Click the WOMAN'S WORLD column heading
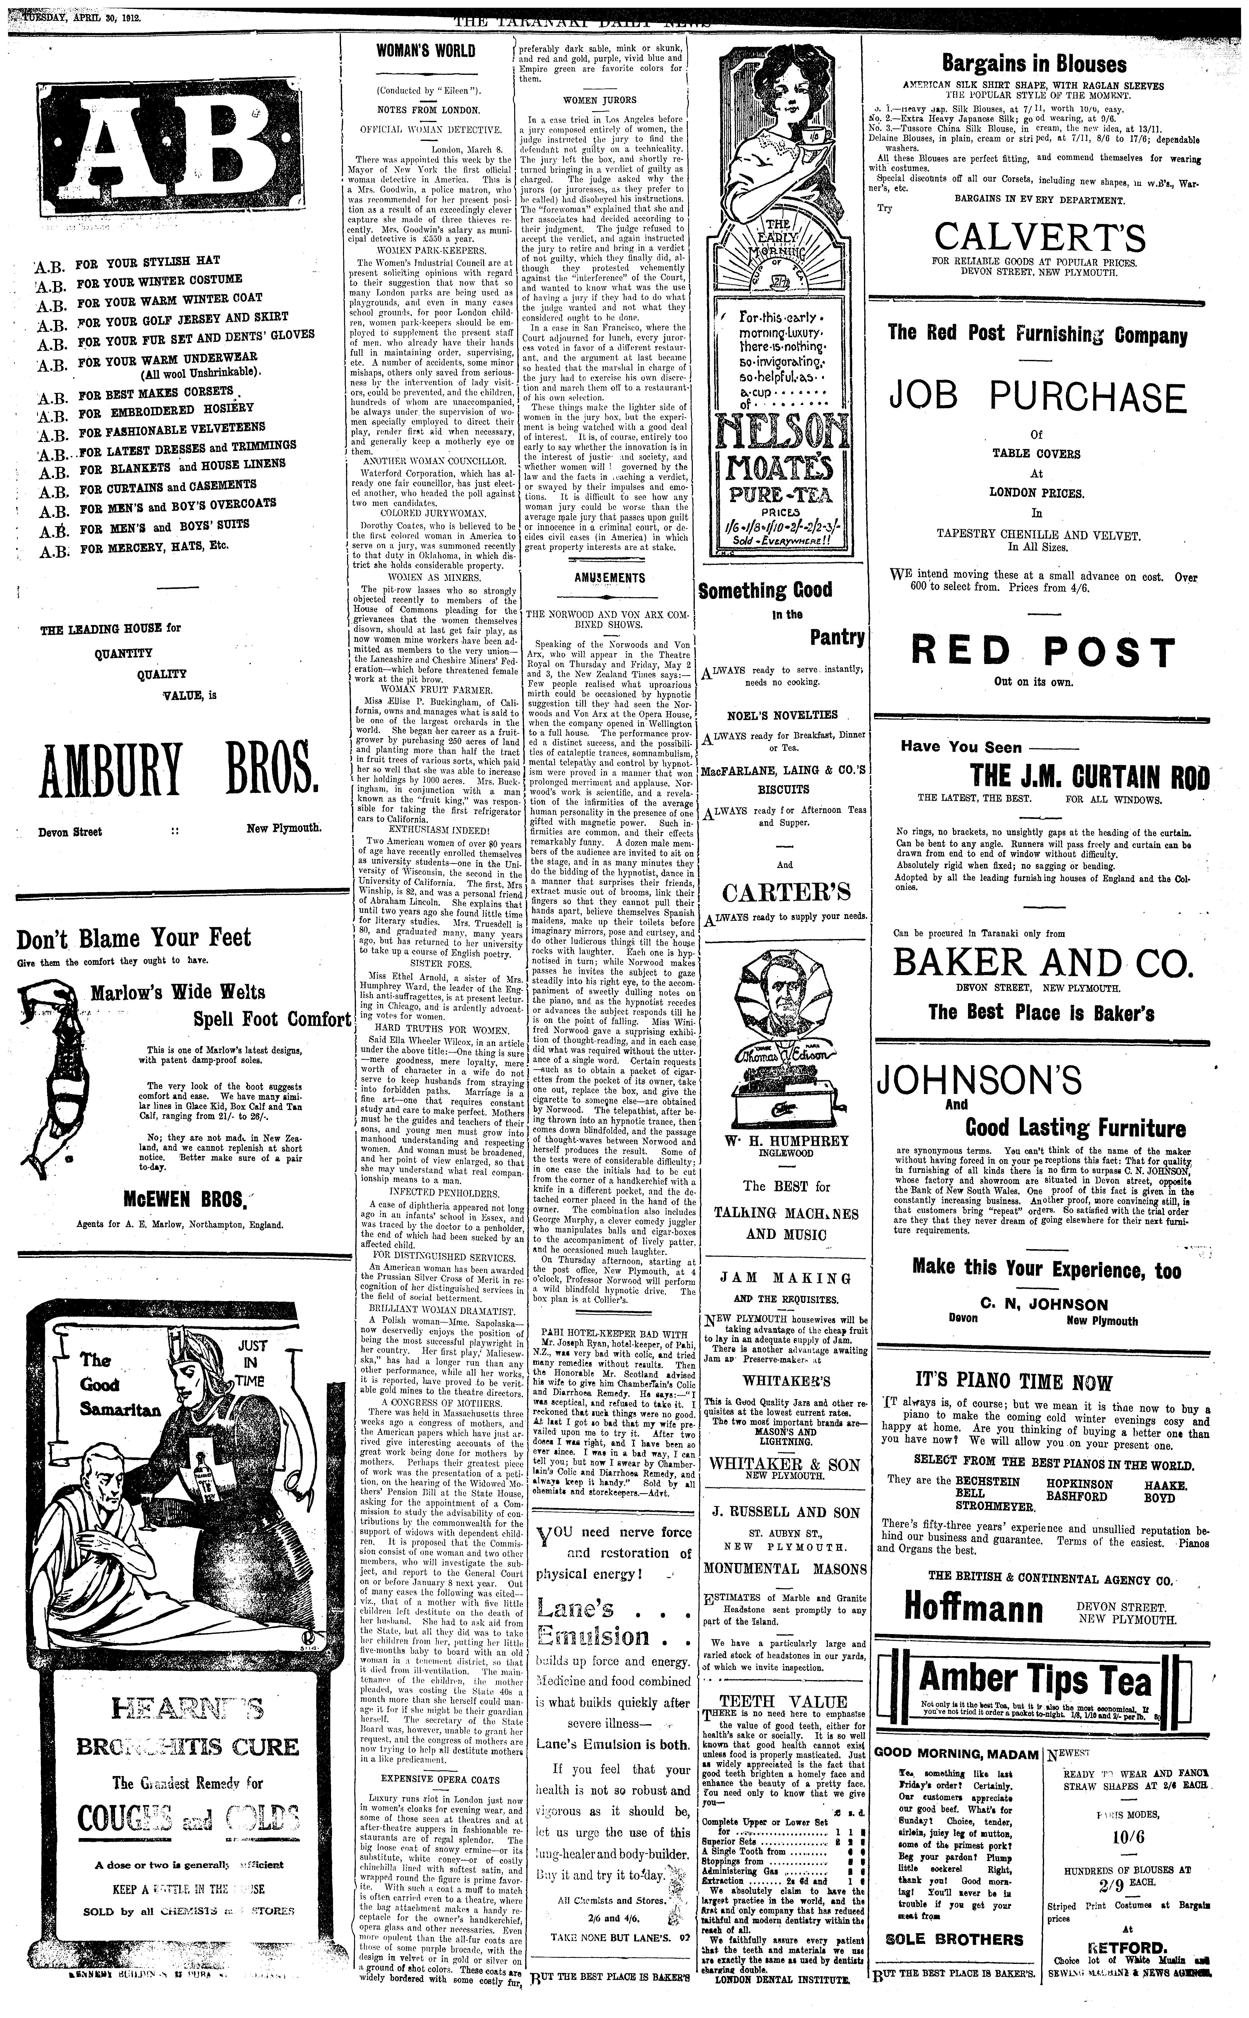point(425,51)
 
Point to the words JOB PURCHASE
point(1038,397)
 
